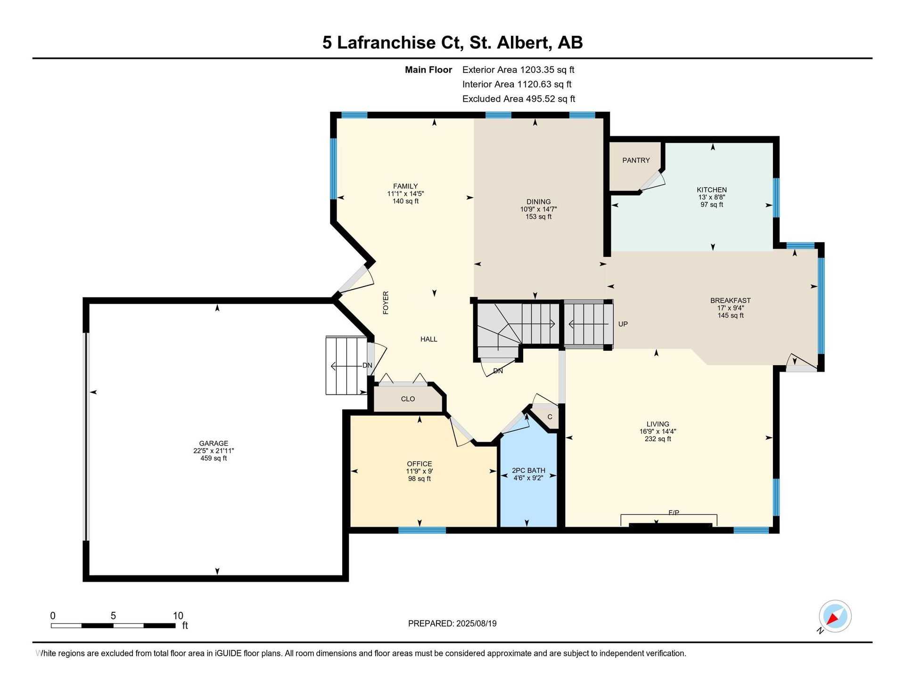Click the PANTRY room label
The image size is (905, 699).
[636, 160]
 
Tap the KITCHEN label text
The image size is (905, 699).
[712, 190]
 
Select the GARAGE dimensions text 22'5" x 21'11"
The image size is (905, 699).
[214, 451]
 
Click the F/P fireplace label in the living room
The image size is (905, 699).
[674, 512]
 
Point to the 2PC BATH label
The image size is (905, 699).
[528, 470]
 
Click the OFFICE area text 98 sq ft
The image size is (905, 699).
[420, 479]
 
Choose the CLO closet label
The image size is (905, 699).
[408, 399]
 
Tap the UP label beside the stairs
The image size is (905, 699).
[623, 324]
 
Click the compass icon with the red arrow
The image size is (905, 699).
[835, 616]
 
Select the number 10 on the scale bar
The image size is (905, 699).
[178, 616]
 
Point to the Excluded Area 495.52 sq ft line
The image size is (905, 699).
[518, 99]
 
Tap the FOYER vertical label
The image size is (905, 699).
[386, 303]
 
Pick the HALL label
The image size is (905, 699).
[428, 339]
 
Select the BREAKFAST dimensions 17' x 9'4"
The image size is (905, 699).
[731, 308]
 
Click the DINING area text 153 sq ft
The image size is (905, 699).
[538, 217]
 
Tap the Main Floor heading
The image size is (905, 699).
[428, 70]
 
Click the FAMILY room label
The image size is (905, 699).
[405, 186]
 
